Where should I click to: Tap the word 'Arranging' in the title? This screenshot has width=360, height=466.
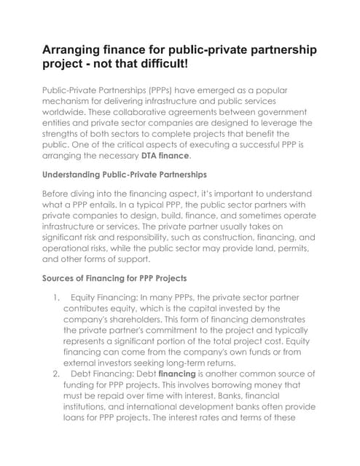click(x=78, y=49)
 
